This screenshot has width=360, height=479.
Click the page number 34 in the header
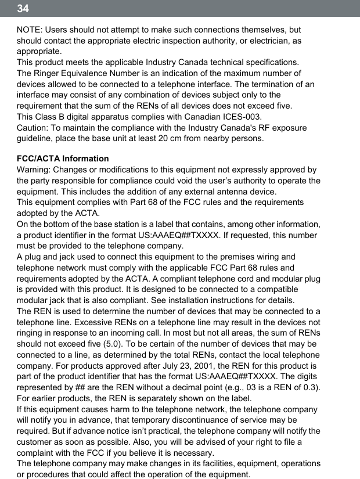pyautogui.click(x=23, y=9)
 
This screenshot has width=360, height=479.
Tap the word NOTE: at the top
pyautogui.click(x=30, y=30)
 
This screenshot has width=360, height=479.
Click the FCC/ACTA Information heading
pyautogui.click(x=63, y=159)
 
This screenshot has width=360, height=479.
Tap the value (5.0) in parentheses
pyautogui.click(x=111, y=344)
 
